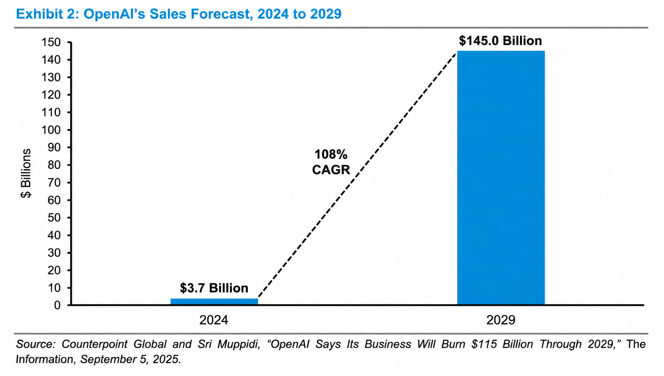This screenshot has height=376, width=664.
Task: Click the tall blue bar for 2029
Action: click(501, 178)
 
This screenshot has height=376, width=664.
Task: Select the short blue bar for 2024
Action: click(214, 301)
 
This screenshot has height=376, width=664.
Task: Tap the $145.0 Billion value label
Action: click(500, 41)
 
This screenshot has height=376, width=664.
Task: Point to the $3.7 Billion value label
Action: click(214, 288)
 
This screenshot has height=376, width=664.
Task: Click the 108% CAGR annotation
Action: click(331, 162)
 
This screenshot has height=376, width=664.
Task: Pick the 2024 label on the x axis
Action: click(214, 320)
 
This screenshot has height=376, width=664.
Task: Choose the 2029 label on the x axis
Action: click(501, 320)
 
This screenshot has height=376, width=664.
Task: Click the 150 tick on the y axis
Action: click(51, 42)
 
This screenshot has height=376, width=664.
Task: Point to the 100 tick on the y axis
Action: click(51, 130)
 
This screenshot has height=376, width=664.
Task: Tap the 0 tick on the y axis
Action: click(57, 305)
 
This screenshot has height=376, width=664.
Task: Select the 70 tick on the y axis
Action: click(54, 183)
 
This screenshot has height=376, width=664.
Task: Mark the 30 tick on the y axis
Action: click(54, 253)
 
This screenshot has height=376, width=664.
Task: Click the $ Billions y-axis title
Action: click(26, 173)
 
